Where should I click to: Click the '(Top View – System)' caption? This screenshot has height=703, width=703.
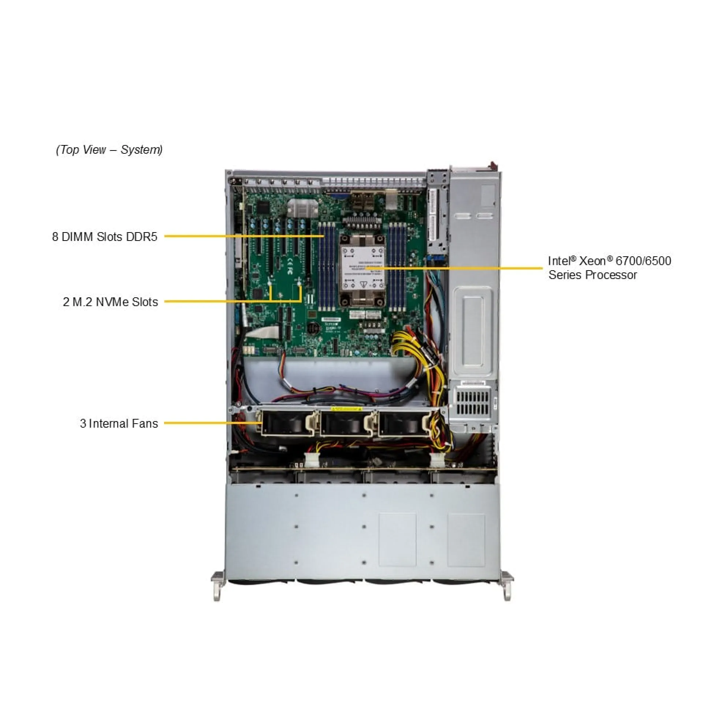109,149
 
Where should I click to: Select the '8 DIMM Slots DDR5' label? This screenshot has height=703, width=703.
104,237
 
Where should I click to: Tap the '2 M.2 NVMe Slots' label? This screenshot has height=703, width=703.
110,302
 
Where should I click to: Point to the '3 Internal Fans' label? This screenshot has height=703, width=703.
119,423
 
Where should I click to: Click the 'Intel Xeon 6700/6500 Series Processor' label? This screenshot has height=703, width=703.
609,268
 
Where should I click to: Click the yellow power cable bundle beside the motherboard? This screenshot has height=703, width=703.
406,344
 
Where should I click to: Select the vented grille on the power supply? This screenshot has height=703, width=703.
472,402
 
